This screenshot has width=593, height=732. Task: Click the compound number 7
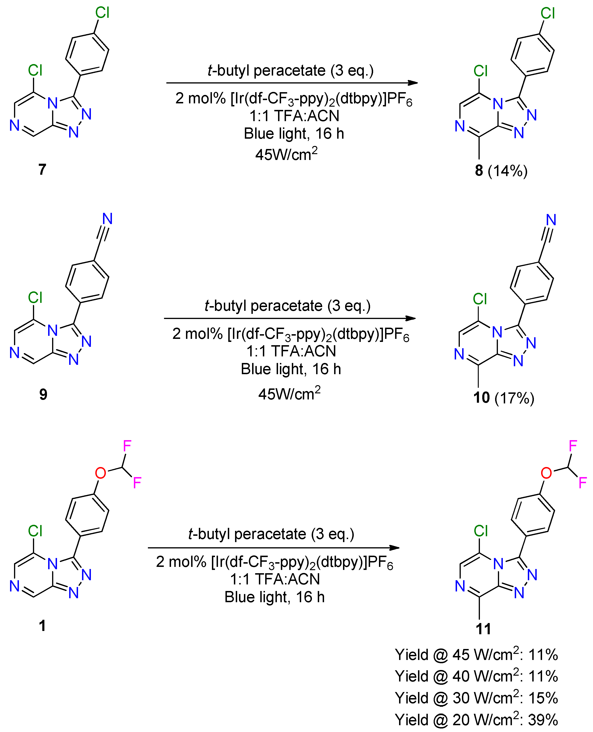point(42,169)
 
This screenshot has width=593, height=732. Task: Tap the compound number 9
point(43,394)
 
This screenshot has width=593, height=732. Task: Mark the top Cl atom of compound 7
point(102,13)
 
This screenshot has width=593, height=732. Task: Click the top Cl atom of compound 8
point(548,14)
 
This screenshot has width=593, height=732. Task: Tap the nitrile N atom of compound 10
point(551,220)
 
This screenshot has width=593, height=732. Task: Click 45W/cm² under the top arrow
point(286,154)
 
